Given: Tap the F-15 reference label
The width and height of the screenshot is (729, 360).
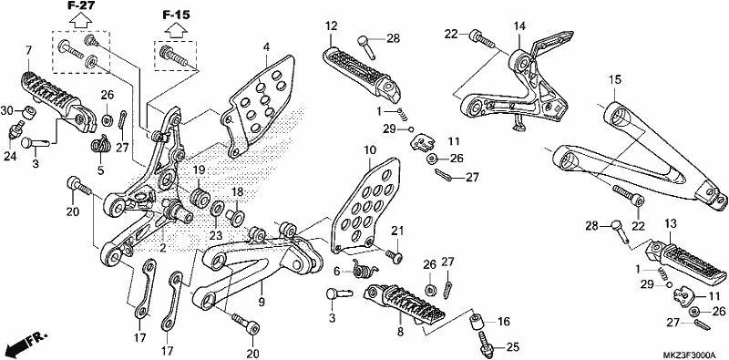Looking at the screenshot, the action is [176, 15].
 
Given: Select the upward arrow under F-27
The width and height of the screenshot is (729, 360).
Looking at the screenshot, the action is [80, 20].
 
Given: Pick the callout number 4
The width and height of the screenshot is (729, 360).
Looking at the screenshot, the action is [266, 47].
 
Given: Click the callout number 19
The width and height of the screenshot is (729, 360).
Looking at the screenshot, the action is [199, 170].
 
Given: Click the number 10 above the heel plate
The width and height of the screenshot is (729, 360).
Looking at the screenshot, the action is [370, 150].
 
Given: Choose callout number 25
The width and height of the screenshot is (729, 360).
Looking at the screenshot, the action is [512, 346].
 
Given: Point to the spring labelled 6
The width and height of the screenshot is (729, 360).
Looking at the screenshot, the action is [366, 268].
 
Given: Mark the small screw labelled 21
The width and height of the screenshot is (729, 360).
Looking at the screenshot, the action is [395, 256].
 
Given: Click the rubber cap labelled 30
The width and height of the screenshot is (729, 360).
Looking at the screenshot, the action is [28, 112].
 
